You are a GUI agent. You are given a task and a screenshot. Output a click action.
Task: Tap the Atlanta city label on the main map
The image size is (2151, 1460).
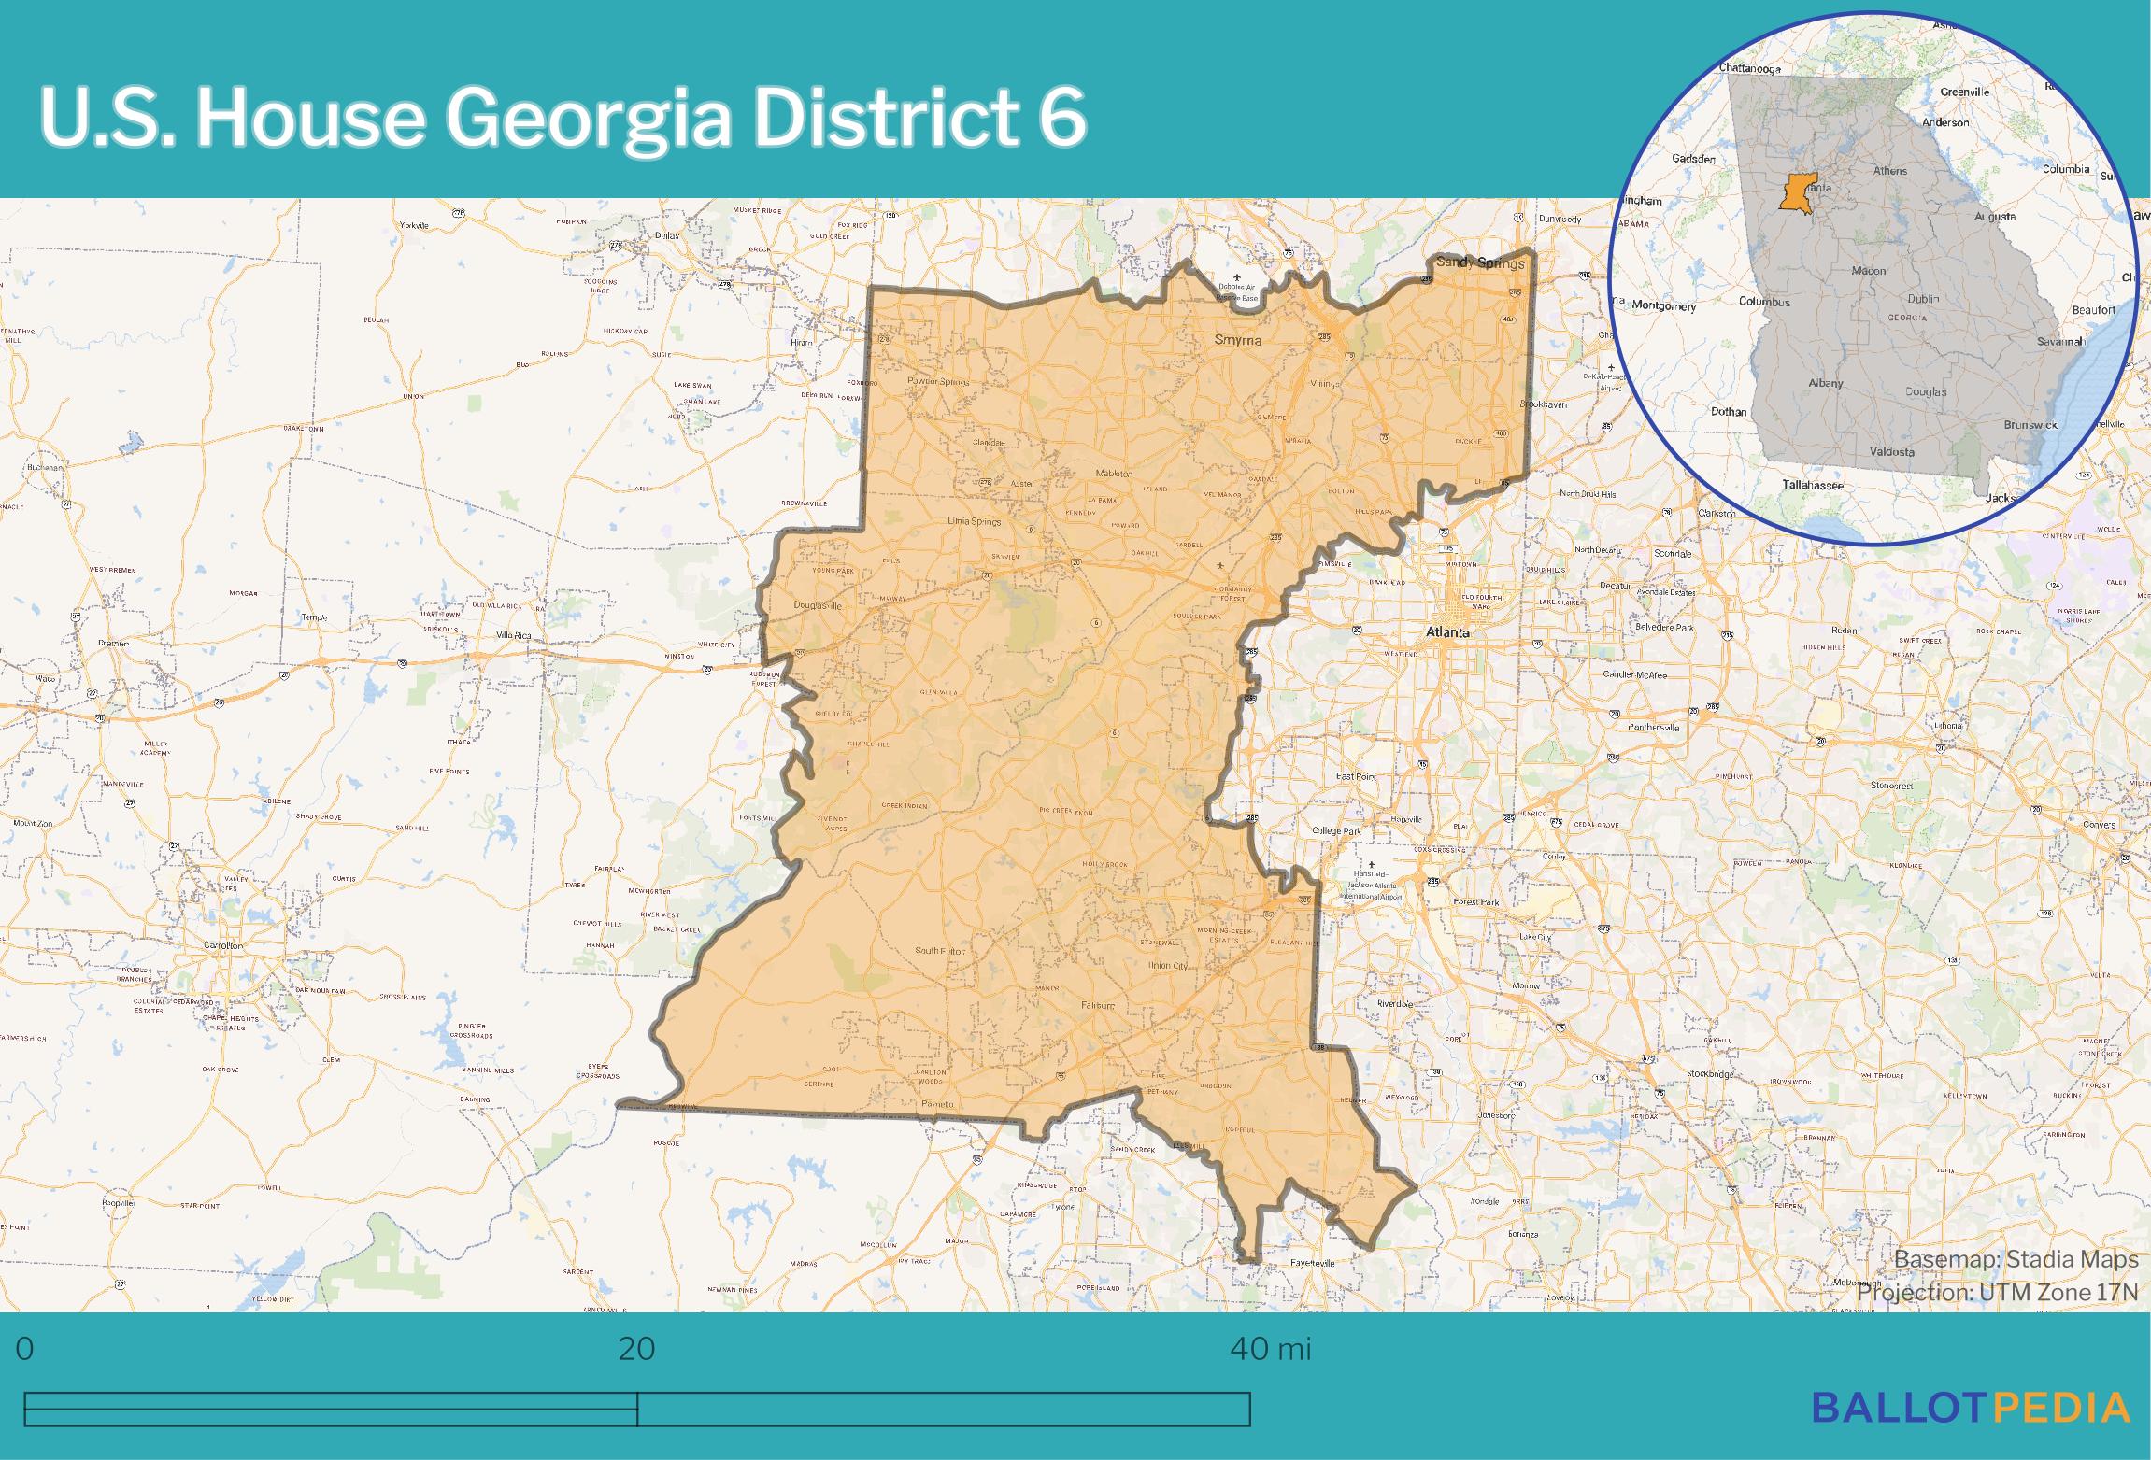coord(1446,632)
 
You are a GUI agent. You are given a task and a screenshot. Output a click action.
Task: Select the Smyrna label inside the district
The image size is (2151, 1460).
coord(1237,340)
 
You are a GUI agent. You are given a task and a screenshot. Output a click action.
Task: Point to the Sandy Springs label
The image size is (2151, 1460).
coord(1479,262)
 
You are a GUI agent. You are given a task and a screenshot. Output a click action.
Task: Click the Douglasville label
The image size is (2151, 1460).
coord(818,605)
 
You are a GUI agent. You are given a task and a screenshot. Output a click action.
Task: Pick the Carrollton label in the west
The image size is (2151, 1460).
coord(223,945)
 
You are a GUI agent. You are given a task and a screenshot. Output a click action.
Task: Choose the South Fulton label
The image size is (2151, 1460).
coord(939,951)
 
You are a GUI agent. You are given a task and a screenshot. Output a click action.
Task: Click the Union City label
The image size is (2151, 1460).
coord(1167,966)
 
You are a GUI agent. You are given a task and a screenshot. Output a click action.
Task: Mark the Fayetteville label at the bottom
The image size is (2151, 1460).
coord(1312,1263)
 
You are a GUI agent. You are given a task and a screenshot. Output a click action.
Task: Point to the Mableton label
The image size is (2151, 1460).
coord(1114,474)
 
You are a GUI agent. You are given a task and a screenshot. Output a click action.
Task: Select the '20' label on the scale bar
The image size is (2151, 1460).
coord(636,1349)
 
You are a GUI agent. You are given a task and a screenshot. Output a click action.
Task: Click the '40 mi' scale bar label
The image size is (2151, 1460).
coord(1271,1349)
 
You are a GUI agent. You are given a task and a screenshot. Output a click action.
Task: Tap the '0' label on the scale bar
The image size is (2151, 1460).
coord(25,1349)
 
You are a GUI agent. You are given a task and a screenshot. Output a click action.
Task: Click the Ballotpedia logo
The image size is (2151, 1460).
coord(1971,1407)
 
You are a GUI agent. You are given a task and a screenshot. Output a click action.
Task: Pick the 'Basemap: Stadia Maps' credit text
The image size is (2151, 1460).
coord(2016,1260)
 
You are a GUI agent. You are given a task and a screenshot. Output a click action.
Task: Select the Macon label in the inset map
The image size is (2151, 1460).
coord(1868,271)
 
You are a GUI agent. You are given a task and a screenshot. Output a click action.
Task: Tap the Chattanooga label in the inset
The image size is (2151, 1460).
coord(1749,68)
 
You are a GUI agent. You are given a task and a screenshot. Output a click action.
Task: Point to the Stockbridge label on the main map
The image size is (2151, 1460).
coord(1710,1074)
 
